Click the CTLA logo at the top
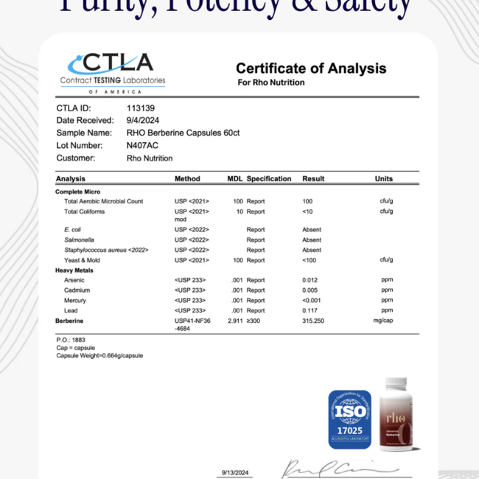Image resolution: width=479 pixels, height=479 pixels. coord(112,71)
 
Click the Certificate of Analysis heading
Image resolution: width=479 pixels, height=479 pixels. coord(311,69)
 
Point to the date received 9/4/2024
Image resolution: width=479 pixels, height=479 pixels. coord(143,120)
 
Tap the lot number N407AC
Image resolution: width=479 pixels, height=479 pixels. coord(142,145)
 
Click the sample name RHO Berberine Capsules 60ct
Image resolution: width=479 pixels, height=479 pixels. coord(183,133)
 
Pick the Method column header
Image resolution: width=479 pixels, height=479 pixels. coord(187,178)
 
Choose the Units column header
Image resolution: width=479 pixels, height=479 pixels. coord(383,178)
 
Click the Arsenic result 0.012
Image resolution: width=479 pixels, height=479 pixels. coord(310,280)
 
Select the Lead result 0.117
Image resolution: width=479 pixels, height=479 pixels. coord(310,311)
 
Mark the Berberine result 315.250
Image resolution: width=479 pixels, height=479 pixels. coord(314,321)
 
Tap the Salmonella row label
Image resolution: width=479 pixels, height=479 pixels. coord(79,239)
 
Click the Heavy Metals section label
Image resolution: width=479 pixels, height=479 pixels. coord(74,270)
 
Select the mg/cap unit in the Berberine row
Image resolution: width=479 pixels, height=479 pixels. coord(383,321)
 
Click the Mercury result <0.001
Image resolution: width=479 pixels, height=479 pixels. coord(312,301)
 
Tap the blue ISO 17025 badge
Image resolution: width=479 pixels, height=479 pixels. coord(349,419)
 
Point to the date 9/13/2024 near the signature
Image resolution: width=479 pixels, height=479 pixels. coord(236,472)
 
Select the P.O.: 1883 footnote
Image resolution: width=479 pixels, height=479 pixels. coord(71,340)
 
